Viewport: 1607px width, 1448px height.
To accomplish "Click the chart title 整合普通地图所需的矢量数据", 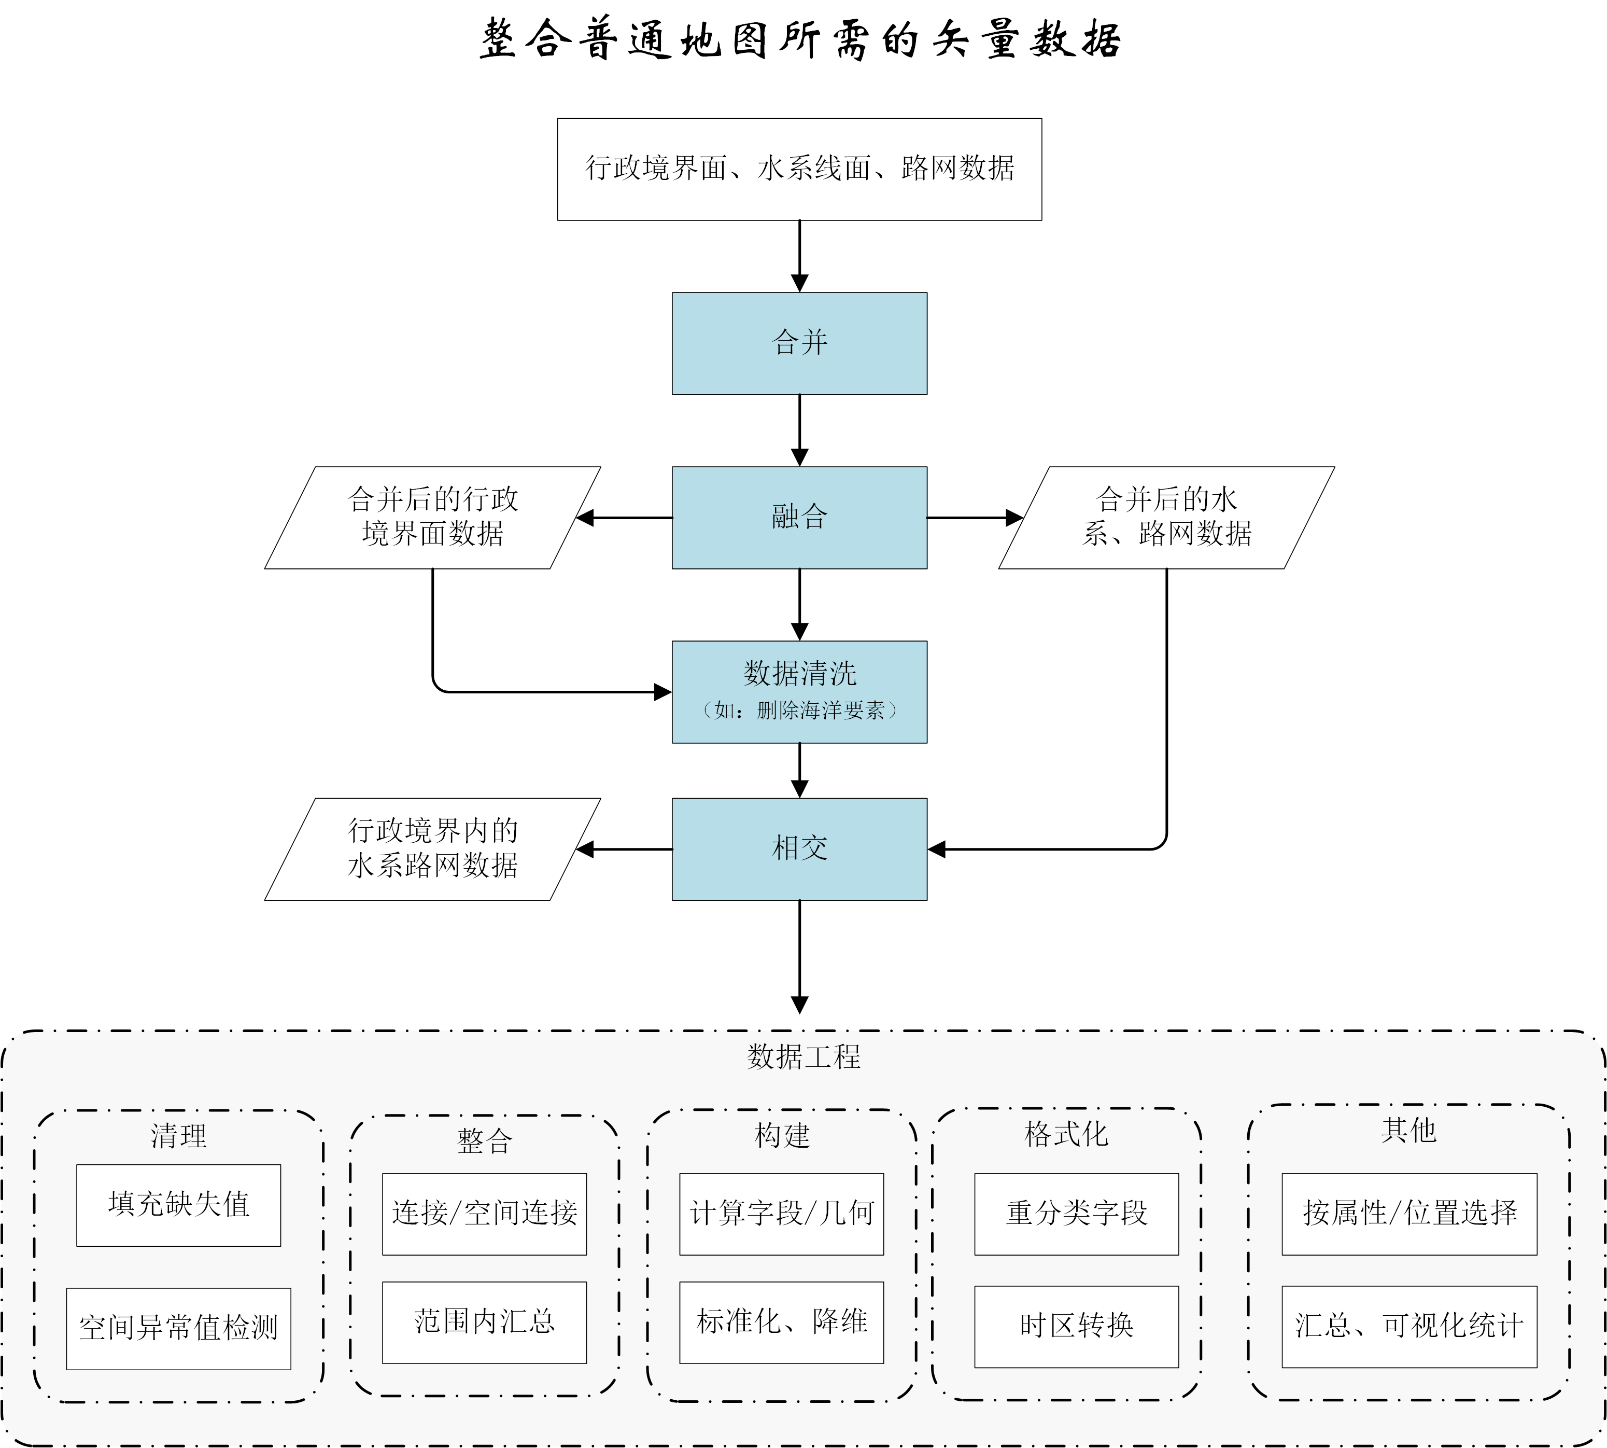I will tap(800, 40).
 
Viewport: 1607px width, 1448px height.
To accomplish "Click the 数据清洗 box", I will tap(799, 691).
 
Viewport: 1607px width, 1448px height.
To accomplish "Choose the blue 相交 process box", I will tap(799, 849).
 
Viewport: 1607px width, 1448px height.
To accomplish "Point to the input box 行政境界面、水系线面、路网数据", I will tap(799, 169).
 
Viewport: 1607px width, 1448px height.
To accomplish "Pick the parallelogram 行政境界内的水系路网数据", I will tap(432, 849).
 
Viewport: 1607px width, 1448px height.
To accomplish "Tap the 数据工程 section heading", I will tap(803, 1056).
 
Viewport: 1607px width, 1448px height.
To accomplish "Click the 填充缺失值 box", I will tap(179, 1205).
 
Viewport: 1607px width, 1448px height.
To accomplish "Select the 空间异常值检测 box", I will tap(179, 1328).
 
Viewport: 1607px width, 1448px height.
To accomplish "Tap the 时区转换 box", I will tap(1077, 1326).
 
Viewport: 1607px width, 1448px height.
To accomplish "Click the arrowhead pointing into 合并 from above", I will tap(799, 283).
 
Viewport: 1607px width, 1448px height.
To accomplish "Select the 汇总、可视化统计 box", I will tap(1409, 1326).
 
